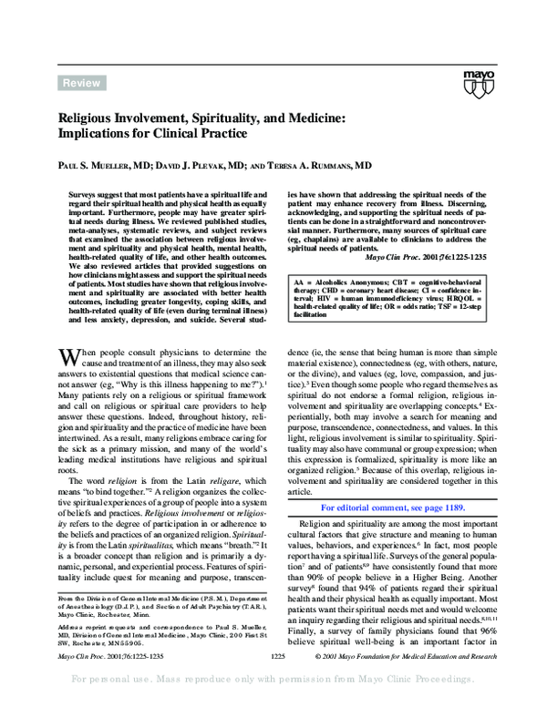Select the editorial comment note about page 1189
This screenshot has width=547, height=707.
coord(393,507)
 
